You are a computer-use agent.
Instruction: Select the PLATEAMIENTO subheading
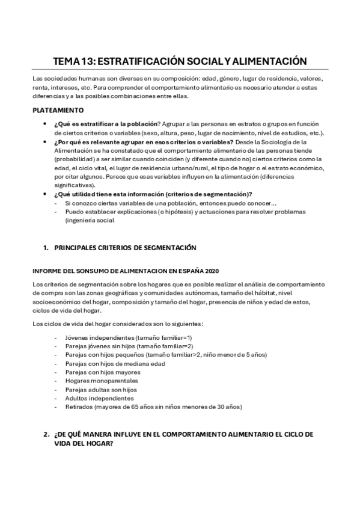coord(62,110)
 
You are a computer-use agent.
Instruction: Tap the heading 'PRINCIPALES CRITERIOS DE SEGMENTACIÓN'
coord(126,248)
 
